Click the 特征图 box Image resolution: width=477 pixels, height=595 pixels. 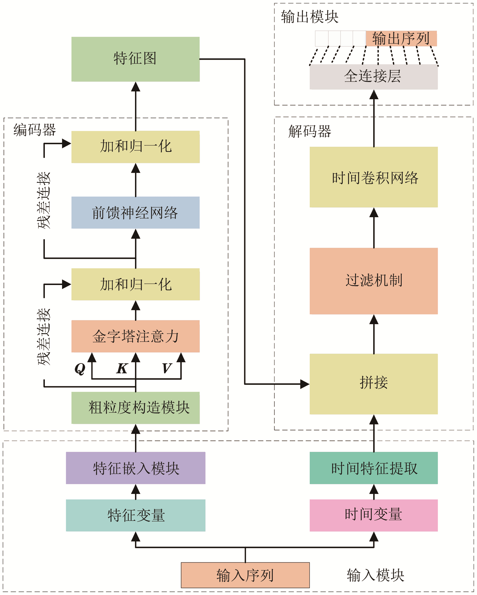click(135, 59)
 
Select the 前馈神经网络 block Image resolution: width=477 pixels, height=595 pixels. click(135, 212)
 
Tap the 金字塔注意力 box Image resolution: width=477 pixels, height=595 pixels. click(135, 336)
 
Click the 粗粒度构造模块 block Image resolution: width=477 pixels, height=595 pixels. click(135, 408)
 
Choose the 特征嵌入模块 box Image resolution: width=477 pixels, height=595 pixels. click(135, 468)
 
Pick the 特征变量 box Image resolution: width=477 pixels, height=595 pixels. click(135, 515)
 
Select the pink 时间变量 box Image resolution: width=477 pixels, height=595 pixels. click(373, 515)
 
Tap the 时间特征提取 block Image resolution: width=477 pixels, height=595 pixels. click(373, 468)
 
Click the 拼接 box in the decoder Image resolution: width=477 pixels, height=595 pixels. click(373, 384)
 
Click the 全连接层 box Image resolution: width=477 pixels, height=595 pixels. click(373, 77)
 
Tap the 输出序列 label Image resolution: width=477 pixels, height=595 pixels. click(401, 38)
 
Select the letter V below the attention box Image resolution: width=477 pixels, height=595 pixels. click(167, 368)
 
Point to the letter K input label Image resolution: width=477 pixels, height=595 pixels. click(122, 368)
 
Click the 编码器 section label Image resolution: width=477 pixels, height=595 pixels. click(35, 130)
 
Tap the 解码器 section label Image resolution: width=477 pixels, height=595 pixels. click(309, 131)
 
